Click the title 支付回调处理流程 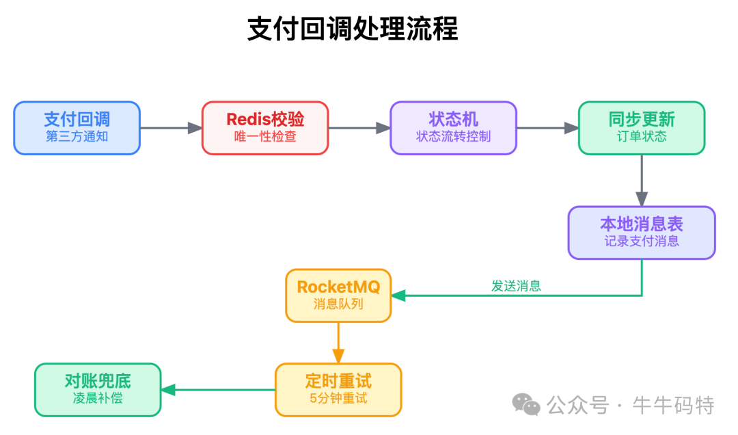pos(353,29)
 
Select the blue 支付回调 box pos(77,127)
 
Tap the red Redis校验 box pos(265,127)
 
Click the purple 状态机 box pos(453,127)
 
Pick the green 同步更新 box pos(641,127)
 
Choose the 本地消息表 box pos(641,233)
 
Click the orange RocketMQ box pos(338,295)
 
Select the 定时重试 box pos(338,389)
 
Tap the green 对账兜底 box pos(98,389)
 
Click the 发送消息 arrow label pos(516,287)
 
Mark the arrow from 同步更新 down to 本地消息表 pos(642,181)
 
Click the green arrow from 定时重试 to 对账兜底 pos(218,390)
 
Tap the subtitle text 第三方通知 pos(77,137)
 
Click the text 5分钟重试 pos(338,398)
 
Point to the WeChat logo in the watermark pos(526,405)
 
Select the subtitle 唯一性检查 pos(265,137)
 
